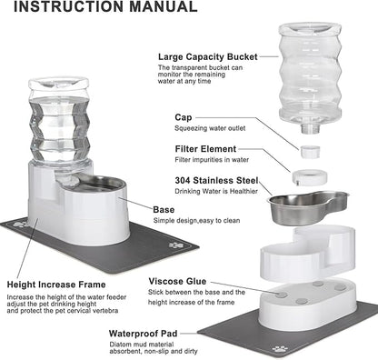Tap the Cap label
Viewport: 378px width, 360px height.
pyautogui.click(x=184, y=116)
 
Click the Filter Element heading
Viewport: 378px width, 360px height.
pyautogui.click(x=204, y=149)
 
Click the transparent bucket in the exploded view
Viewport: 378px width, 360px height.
pyautogui.click(x=323, y=60)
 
